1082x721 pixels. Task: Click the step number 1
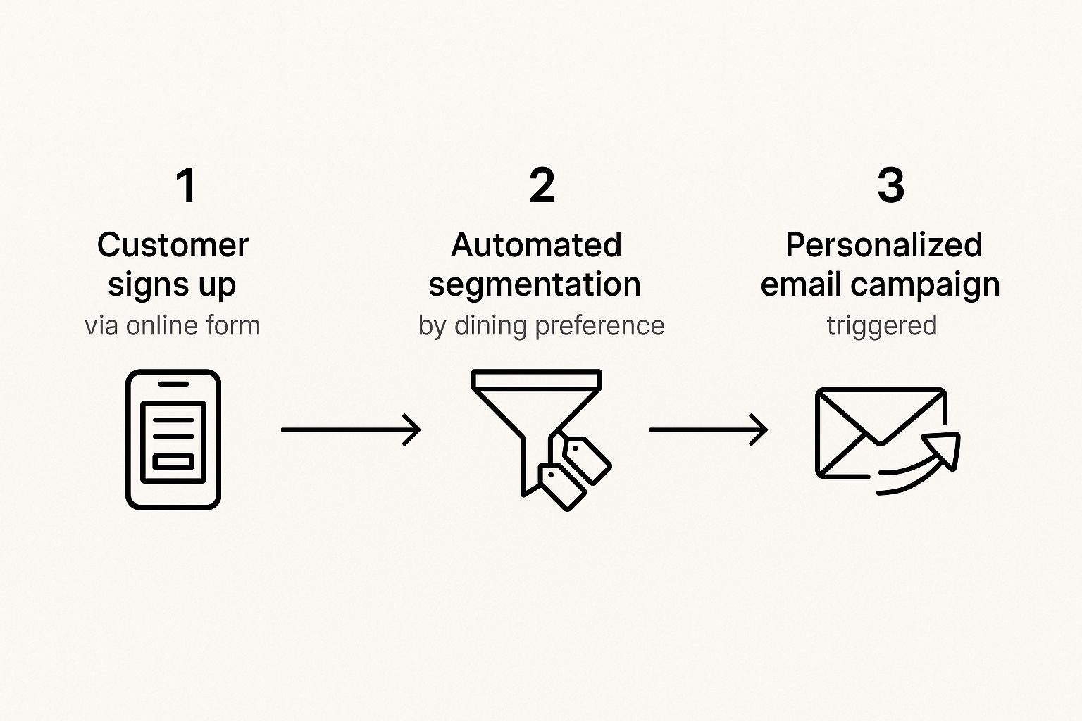click(x=186, y=186)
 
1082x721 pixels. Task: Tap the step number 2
click(x=542, y=186)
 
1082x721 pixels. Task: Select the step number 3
click(x=890, y=186)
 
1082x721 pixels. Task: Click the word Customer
click(x=173, y=245)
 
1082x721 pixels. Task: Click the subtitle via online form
click(x=173, y=325)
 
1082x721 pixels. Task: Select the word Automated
click(x=536, y=245)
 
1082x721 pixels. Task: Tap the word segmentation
click(x=535, y=284)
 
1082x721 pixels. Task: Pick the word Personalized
click(x=883, y=245)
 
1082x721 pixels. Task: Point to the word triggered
click(x=881, y=326)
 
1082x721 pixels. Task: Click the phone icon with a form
click(x=173, y=439)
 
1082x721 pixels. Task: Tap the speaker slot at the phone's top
click(x=173, y=384)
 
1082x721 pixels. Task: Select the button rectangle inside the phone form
click(x=173, y=462)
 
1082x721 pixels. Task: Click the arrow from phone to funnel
click(x=351, y=430)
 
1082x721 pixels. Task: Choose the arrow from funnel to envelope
click(x=708, y=430)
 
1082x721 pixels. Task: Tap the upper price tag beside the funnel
click(x=586, y=460)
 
